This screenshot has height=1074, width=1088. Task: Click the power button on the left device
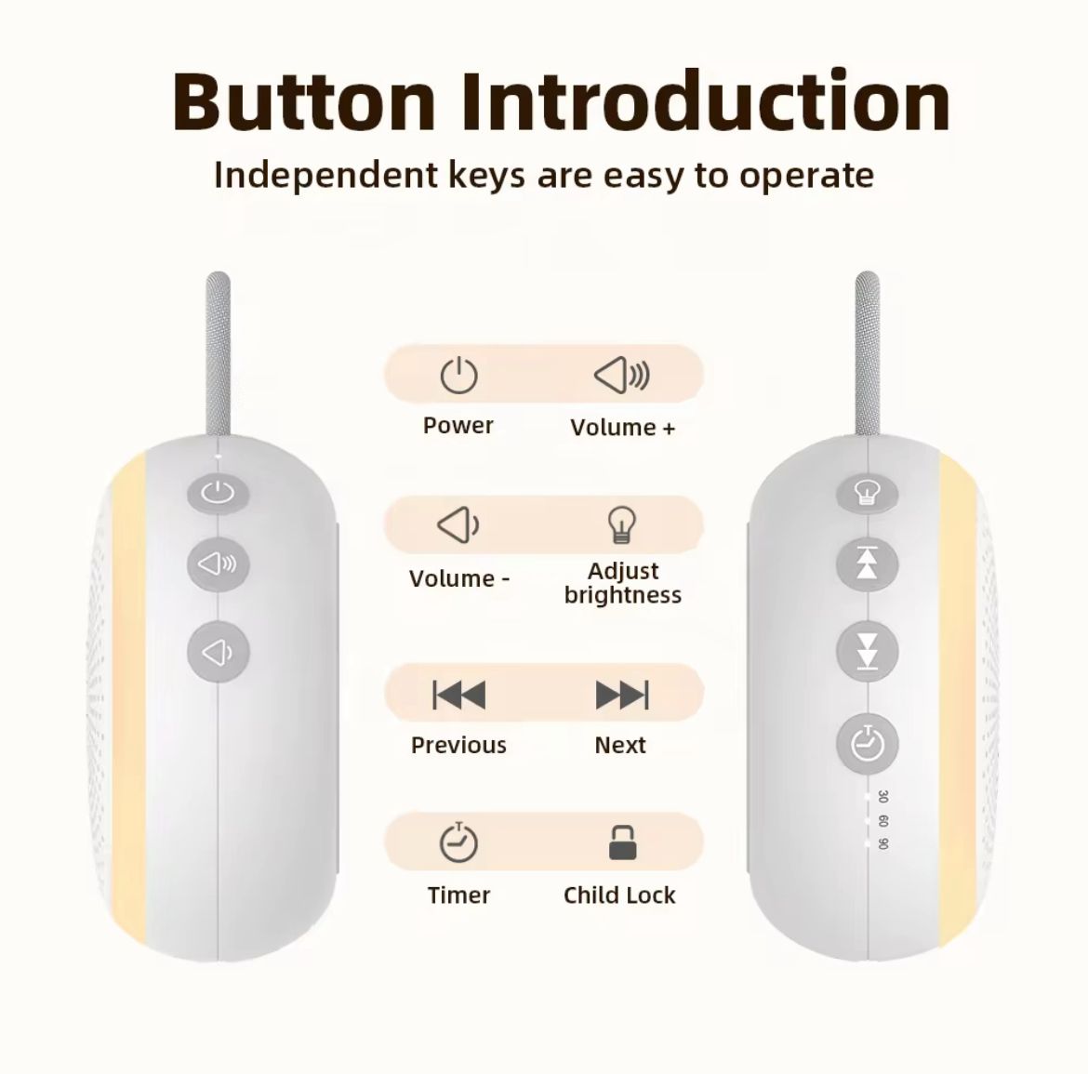click(219, 492)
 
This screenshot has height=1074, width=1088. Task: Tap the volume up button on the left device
click(219, 564)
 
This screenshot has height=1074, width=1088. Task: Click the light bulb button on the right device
click(867, 492)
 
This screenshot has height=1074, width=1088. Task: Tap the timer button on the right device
click(867, 744)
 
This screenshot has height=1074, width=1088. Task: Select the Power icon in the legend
click(458, 376)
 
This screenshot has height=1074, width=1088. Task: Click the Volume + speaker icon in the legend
click(621, 376)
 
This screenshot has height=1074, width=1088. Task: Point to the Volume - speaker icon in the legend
click(458, 526)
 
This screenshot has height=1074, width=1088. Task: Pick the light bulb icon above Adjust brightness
click(621, 525)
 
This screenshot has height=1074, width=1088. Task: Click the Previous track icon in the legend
click(458, 695)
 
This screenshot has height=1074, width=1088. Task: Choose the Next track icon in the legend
click(621, 695)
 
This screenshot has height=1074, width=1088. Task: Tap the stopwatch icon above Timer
click(458, 842)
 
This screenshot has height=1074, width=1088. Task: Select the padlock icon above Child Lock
click(622, 842)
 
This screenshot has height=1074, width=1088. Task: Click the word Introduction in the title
click(706, 100)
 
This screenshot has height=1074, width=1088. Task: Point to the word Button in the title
click(304, 100)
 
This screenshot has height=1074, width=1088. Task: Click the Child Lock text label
click(619, 895)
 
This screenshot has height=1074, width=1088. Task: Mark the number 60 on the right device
click(882, 821)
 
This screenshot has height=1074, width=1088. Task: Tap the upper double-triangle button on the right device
click(867, 564)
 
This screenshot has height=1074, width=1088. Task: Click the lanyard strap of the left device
click(219, 353)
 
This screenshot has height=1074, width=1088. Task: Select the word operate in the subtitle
click(806, 176)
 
